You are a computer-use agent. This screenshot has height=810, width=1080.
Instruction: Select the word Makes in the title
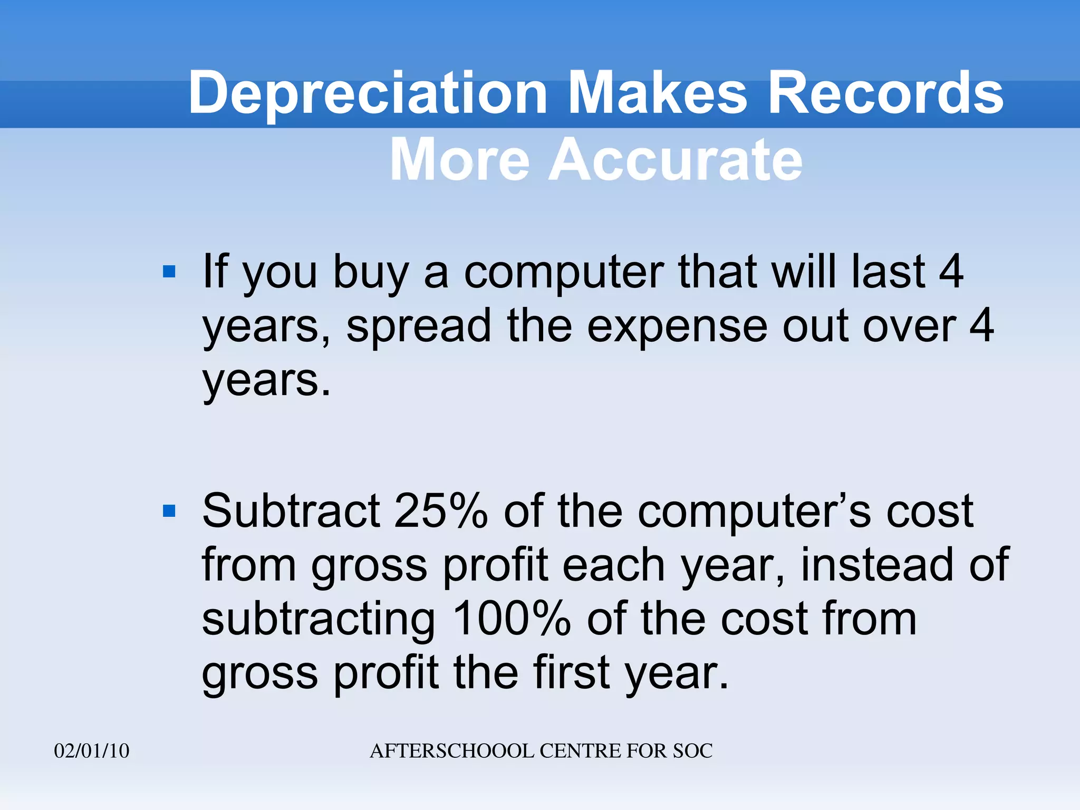point(658,93)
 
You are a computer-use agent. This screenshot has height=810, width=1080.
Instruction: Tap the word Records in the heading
point(885,93)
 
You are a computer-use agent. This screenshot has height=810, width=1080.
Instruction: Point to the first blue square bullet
point(169,272)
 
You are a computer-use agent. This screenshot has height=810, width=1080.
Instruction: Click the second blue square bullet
point(169,511)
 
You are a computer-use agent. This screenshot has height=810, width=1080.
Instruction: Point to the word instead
point(876,565)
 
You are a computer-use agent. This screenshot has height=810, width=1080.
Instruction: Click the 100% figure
point(512,619)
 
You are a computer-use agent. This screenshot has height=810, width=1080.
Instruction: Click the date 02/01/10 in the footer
point(92,750)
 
